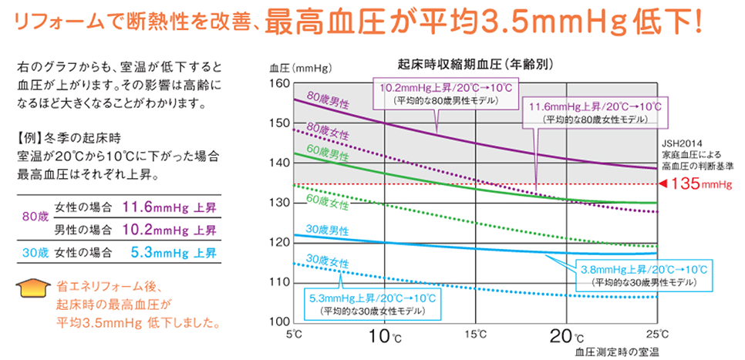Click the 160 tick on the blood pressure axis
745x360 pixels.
[x=278, y=82]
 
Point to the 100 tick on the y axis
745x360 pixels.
[x=278, y=321]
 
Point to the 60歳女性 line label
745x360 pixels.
[x=328, y=202]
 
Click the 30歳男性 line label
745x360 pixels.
[x=328, y=230]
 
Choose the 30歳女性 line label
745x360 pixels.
[x=328, y=261]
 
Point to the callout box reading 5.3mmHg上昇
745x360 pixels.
[x=366, y=303]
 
